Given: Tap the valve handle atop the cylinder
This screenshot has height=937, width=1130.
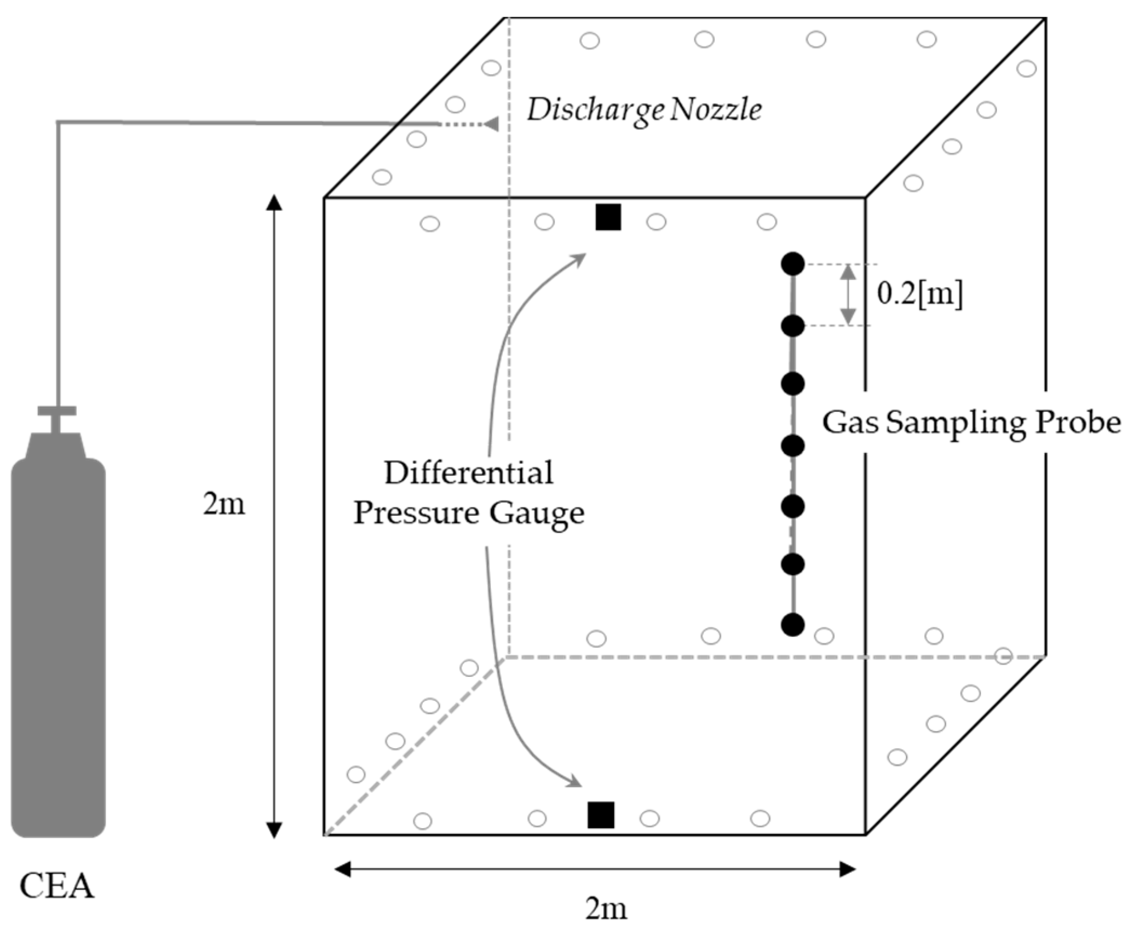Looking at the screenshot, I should point(57,411).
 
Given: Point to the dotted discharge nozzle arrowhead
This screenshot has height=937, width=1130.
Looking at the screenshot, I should point(491,124).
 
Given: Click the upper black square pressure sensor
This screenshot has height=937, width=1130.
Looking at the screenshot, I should point(608,217).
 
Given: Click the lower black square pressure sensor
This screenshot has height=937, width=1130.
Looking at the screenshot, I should point(601,815).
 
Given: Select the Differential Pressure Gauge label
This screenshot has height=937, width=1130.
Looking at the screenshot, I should point(469,493).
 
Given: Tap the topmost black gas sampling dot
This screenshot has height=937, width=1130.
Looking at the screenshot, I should point(793,264).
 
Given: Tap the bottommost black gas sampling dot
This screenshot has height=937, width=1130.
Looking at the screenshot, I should point(793,625).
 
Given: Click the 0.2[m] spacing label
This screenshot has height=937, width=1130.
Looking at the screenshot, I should point(920,294).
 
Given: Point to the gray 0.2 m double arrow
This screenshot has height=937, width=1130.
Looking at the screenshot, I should point(848,295).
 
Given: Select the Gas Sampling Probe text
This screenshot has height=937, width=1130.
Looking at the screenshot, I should point(971,423).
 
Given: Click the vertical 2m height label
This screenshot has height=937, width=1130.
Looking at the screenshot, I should point(224,504).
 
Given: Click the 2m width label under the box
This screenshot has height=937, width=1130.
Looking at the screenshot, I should point(606,908).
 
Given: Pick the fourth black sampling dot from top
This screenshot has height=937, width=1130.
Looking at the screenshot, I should point(793,446).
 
